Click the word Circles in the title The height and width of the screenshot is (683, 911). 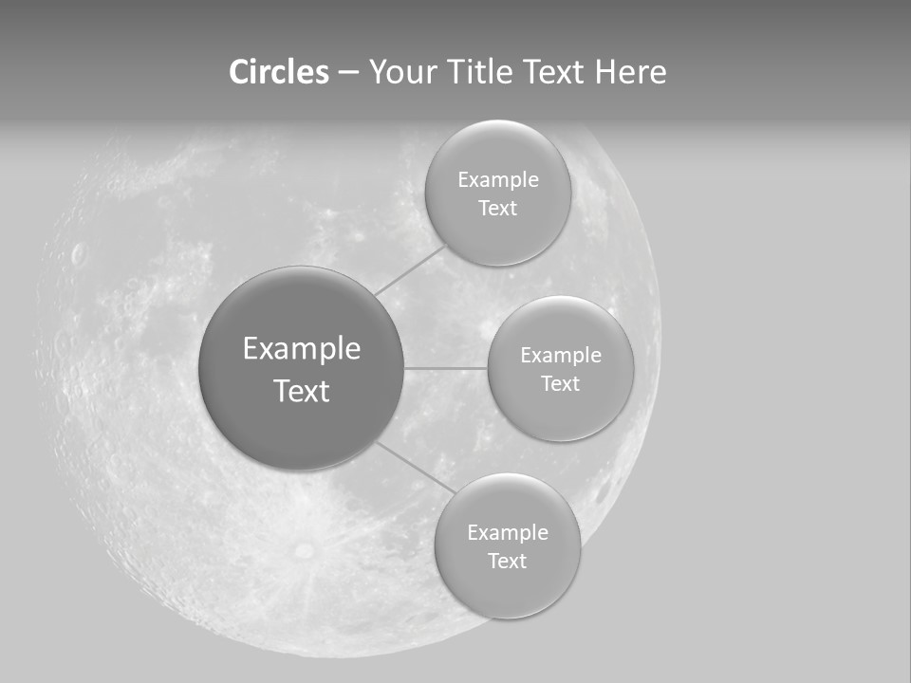(x=279, y=72)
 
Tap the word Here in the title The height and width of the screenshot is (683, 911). (x=631, y=72)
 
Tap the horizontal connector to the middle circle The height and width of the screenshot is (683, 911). (x=445, y=368)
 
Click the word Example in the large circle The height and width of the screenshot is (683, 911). (x=301, y=349)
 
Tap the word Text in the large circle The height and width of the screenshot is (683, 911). (x=301, y=391)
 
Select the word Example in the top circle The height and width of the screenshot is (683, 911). (x=497, y=180)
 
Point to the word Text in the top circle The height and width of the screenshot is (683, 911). (x=497, y=209)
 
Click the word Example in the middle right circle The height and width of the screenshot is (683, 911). (x=560, y=356)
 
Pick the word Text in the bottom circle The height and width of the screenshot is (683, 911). (x=507, y=562)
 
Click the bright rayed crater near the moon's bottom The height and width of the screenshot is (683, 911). (x=304, y=550)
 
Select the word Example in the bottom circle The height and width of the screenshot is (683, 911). (x=507, y=533)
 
